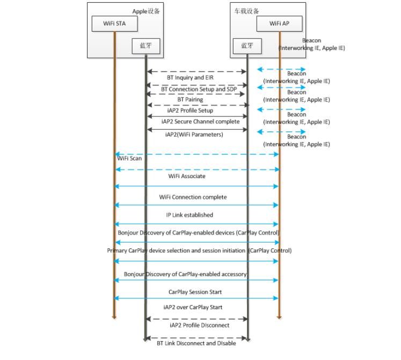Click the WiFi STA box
[114, 24]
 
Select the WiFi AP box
[279, 24]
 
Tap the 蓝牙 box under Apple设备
[145, 46]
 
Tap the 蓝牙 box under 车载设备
[247, 46]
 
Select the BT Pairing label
[190, 100]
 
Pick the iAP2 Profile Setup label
[190, 111]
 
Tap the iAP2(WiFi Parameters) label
[194, 135]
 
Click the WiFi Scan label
[129, 159]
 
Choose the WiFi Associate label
[186, 176]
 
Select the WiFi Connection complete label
[193, 197]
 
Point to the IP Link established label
[189, 215]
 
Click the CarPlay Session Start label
[195, 292]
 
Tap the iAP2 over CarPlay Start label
[193, 307]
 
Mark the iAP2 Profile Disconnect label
[199, 325]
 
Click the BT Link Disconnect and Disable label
[196, 343]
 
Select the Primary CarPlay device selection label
[199, 251]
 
